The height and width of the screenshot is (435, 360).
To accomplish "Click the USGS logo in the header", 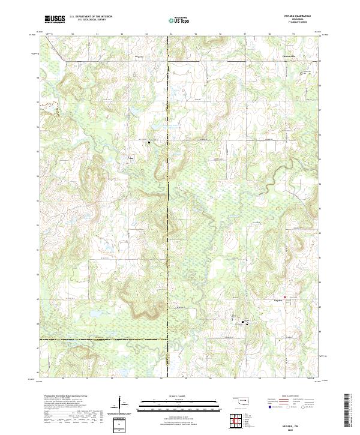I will click(x=55, y=19).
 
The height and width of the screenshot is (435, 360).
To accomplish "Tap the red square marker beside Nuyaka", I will click(x=285, y=296).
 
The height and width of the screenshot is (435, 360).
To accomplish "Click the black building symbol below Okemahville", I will click(x=302, y=73).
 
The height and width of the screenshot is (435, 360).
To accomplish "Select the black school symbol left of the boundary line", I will click(x=149, y=143).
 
